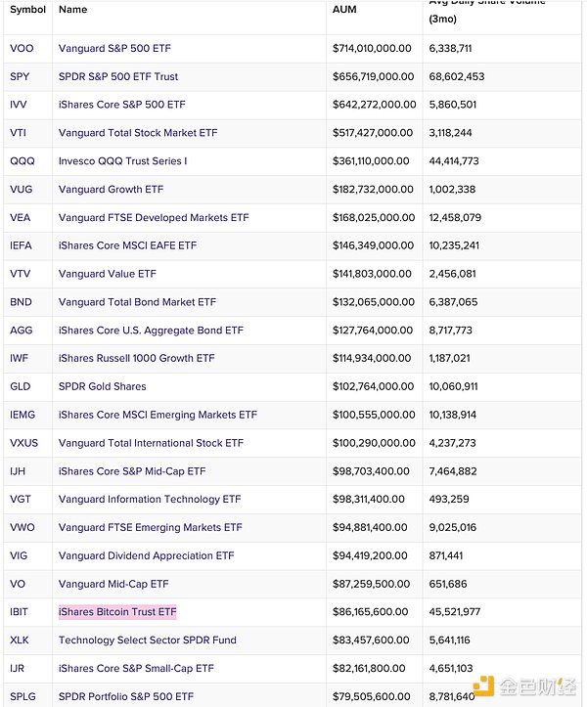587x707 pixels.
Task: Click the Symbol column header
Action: tap(27, 9)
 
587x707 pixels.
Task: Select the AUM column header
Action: tap(343, 9)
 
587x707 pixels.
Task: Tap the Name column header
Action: tap(72, 9)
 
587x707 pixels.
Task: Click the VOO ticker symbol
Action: tap(22, 48)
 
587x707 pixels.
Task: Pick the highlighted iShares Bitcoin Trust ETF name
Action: tap(117, 612)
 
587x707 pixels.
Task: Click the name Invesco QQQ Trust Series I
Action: tap(122, 160)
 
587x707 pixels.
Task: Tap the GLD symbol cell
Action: tap(21, 386)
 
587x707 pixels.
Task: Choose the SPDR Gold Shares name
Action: tap(102, 386)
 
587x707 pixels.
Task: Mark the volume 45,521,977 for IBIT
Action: tap(454, 612)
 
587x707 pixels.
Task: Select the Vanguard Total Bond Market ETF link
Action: tap(137, 302)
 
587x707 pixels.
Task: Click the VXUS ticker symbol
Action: tap(23, 443)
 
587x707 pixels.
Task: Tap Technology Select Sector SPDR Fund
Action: tap(148, 641)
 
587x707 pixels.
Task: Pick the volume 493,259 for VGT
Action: tap(449, 499)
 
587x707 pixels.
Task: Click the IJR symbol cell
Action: tap(19, 669)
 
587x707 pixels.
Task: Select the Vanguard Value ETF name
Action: tap(107, 274)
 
